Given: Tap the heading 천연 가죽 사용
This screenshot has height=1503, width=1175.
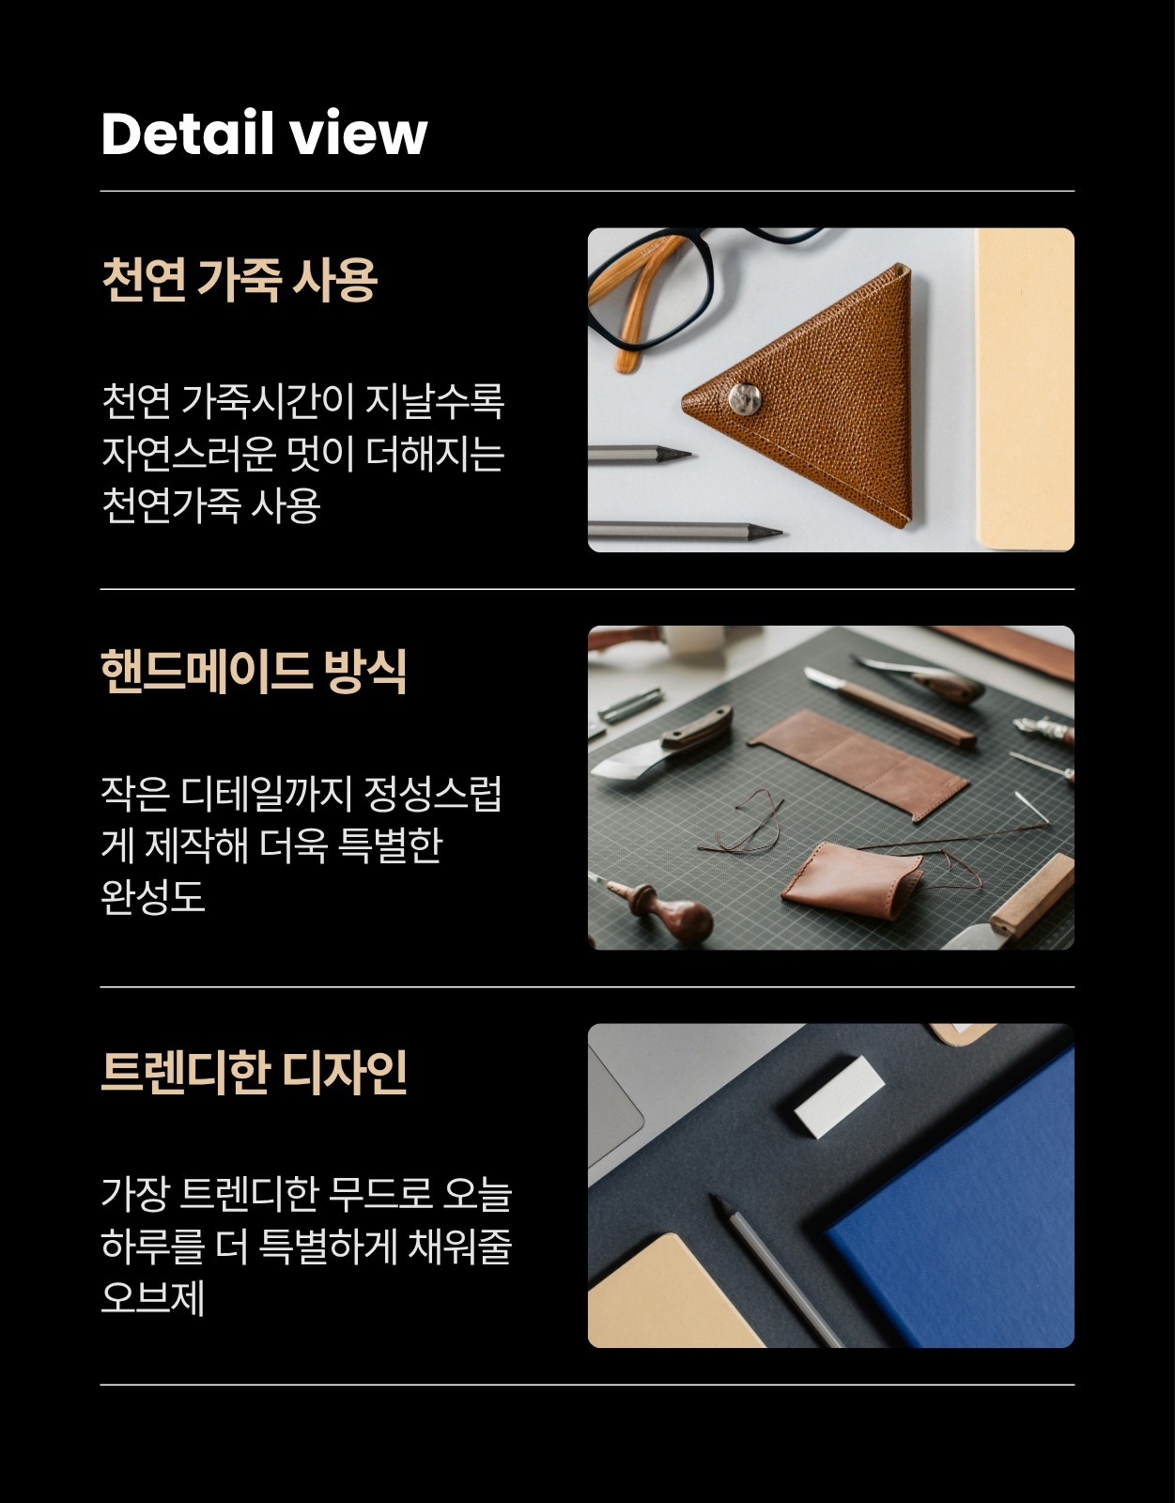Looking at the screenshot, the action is pos(240,280).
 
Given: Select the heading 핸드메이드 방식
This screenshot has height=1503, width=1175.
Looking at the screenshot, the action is pos(254,671).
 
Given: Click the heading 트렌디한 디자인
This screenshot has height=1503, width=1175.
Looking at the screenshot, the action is pos(254,1072).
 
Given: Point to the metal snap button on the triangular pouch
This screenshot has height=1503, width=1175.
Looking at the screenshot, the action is pos(745,397).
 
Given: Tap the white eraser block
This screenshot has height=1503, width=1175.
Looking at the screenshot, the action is pos(839,1096).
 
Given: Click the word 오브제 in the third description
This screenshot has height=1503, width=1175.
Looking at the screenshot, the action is pos(153,1298).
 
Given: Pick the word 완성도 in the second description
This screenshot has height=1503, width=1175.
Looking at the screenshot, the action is pos(153,897).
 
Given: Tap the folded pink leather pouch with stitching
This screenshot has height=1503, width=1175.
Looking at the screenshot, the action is pos(852,880).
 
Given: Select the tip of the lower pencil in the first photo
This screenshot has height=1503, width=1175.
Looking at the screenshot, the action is pos(781,532).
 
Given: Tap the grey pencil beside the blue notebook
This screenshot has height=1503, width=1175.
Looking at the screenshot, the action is pos(776,1271).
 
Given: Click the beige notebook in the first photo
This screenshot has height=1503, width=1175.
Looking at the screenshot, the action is pos(1025,390).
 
